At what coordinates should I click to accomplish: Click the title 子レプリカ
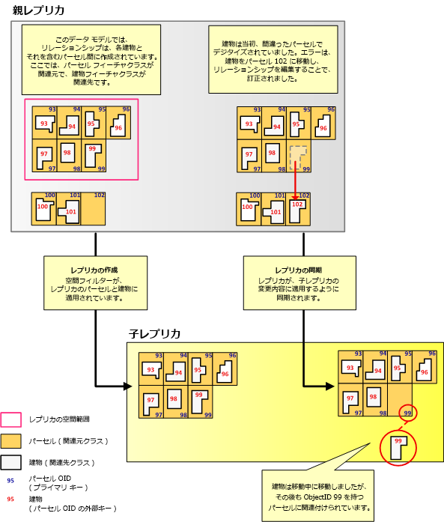[155, 333]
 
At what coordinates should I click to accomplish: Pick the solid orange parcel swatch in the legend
[11, 441]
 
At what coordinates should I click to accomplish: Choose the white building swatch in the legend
[11, 463]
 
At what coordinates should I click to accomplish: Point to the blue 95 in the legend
[10, 481]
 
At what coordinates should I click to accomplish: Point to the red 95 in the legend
[10, 499]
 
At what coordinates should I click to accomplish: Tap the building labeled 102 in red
[297, 209]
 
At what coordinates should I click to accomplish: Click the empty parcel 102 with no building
[94, 209]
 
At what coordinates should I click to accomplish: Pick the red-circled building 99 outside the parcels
[398, 447]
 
